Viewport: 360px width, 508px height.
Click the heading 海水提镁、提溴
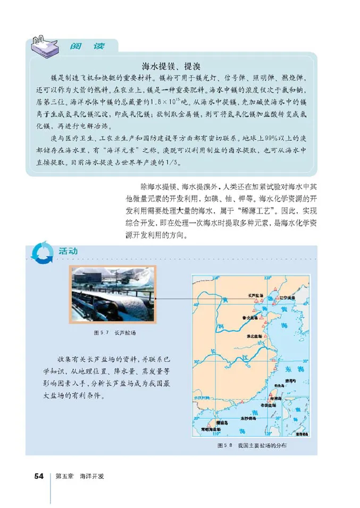tap(171, 66)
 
